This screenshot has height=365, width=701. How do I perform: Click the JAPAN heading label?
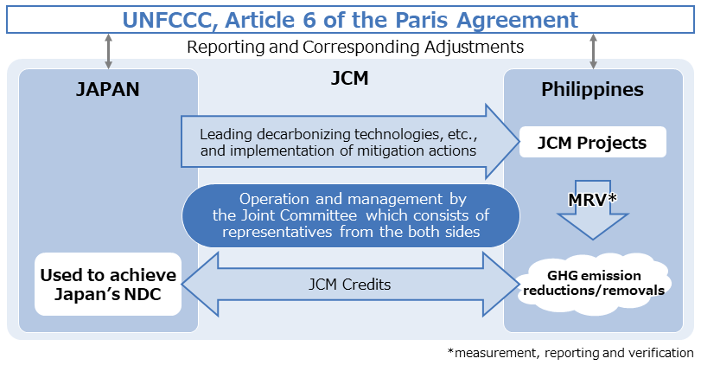pyautogui.click(x=108, y=89)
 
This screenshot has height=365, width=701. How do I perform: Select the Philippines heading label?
pyautogui.click(x=592, y=89)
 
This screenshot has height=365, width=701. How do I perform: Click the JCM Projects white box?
pyautogui.click(x=592, y=143)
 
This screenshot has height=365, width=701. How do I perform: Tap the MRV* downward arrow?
pyautogui.click(x=592, y=212)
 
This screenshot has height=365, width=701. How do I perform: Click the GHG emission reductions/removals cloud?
pyautogui.click(x=592, y=283)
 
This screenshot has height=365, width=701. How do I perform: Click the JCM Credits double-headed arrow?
pyautogui.click(x=350, y=283)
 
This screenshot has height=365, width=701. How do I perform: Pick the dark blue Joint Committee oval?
pyautogui.click(x=350, y=215)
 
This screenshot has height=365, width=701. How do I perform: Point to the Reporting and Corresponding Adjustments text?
pyautogui.click(x=355, y=47)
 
